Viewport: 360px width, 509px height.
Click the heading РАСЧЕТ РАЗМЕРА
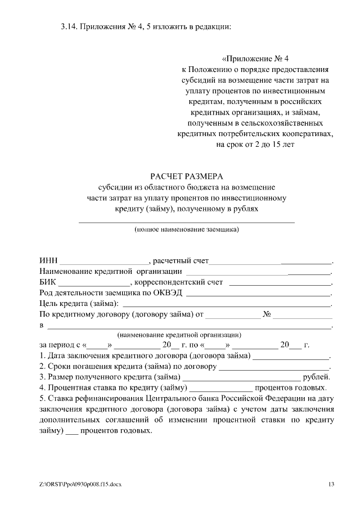(x=187, y=176)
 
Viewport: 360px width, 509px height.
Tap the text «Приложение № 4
(x=255, y=58)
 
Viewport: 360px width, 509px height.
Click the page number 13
(x=331, y=484)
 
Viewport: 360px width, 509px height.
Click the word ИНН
(x=48, y=261)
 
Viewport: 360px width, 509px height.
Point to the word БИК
(x=48, y=282)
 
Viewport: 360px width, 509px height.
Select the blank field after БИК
(x=93, y=283)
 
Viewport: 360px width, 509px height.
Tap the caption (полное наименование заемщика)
(x=186, y=229)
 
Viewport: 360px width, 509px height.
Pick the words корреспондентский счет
(x=179, y=282)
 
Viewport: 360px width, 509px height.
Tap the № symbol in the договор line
(x=267, y=314)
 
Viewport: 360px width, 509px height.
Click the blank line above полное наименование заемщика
(x=186, y=222)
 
